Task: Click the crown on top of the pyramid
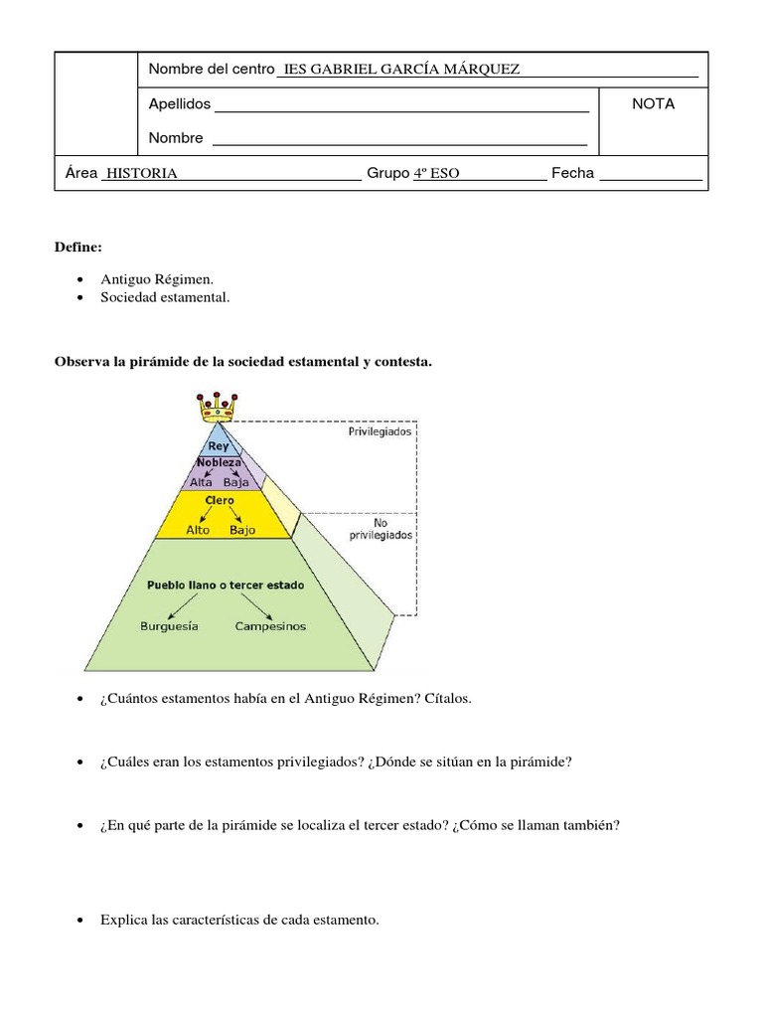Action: (x=218, y=407)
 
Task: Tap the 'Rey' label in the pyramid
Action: (x=218, y=446)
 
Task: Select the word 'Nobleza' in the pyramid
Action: (x=219, y=463)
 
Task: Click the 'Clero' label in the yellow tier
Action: (x=219, y=500)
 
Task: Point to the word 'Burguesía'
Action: (x=170, y=626)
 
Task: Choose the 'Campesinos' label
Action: (x=270, y=626)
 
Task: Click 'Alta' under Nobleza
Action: (x=202, y=481)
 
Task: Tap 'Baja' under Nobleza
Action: (x=236, y=481)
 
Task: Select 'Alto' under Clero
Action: (x=199, y=530)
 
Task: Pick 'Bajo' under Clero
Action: (x=242, y=530)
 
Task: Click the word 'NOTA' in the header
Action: (x=653, y=103)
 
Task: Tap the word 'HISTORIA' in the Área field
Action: (x=142, y=174)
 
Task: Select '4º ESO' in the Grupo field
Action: (x=436, y=174)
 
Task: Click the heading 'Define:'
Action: (x=77, y=246)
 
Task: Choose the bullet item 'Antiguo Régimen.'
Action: (x=157, y=279)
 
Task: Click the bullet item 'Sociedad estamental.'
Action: (x=165, y=297)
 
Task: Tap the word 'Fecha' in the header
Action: (x=572, y=173)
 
